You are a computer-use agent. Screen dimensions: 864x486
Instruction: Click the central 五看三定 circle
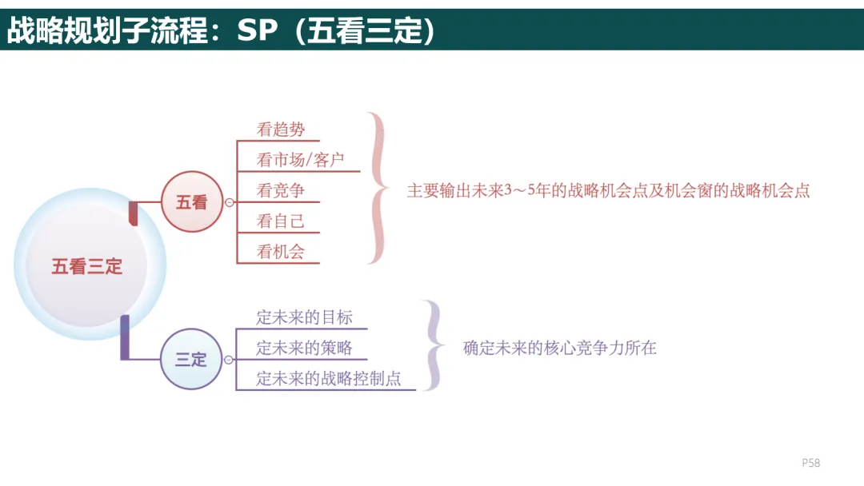[88, 266]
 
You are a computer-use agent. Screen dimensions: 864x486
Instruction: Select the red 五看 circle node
[191, 202]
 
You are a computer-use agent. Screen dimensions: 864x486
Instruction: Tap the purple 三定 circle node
[191, 360]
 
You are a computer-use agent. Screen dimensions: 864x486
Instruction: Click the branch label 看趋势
[281, 129]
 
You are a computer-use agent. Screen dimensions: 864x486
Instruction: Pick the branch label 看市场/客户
[300, 160]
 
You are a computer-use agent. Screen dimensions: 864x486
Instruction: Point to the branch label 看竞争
[281, 190]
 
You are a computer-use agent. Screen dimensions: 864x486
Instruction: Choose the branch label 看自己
[281, 221]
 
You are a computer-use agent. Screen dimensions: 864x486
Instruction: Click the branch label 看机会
[281, 252]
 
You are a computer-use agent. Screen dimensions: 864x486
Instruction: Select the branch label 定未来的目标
[304, 317]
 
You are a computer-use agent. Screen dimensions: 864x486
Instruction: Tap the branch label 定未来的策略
[304, 348]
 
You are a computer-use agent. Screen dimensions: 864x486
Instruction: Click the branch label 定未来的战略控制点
[329, 379]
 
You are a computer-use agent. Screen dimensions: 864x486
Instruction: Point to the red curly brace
[377, 189]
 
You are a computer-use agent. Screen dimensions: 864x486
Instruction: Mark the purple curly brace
[433, 345]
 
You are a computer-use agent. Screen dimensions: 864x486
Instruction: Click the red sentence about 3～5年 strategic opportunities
[608, 191]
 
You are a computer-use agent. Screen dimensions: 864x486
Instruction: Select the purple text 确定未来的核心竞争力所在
[560, 348]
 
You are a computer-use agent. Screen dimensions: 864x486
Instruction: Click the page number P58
[811, 463]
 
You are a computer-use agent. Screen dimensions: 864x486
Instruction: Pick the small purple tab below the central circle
[125, 337]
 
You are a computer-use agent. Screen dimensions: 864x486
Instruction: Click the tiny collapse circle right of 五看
[230, 202]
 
